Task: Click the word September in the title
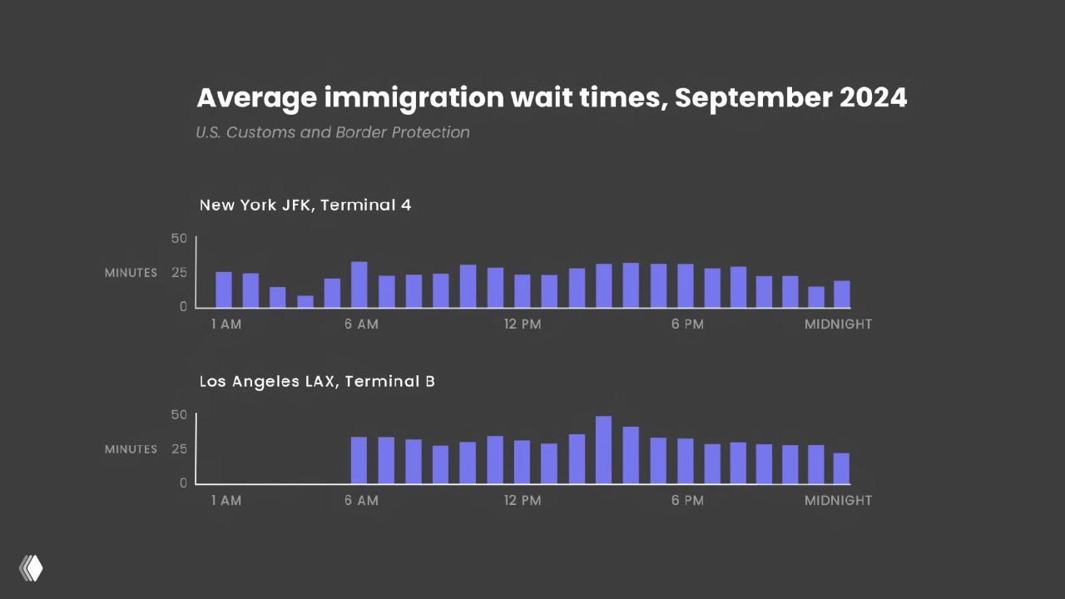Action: click(x=752, y=98)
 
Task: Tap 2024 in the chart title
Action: click(x=873, y=98)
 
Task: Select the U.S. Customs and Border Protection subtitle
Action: click(x=333, y=132)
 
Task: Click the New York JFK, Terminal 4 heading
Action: click(x=305, y=205)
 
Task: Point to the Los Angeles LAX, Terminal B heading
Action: click(x=317, y=381)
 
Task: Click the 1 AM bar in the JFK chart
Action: click(x=224, y=290)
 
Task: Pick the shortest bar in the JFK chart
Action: click(x=305, y=301)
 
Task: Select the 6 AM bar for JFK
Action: click(x=359, y=285)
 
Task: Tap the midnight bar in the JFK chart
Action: click(x=842, y=294)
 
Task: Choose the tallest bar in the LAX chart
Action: click(x=604, y=449)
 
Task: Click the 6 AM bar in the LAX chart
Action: click(x=359, y=460)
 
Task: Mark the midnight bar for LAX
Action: click(x=841, y=468)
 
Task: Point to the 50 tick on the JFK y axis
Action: click(x=179, y=239)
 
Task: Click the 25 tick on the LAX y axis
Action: click(x=179, y=448)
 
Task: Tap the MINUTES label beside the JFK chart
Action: click(x=131, y=273)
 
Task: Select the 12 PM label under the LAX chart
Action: click(x=523, y=501)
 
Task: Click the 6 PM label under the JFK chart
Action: click(x=687, y=324)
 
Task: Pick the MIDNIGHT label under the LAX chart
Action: click(x=838, y=501)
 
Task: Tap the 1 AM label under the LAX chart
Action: click(x=225, y=501)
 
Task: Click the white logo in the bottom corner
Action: click(x=31, y=567)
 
